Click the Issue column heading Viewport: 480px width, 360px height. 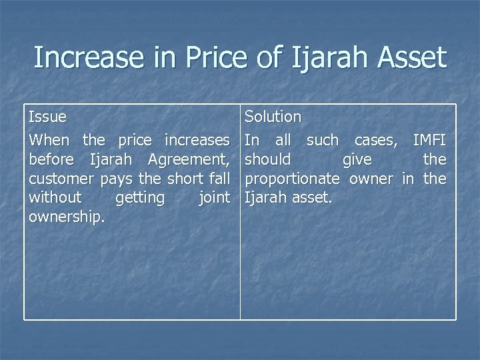[x=47, y=117]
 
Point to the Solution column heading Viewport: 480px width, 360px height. [x=273, y=117]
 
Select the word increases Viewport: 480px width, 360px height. [x=197, y=140]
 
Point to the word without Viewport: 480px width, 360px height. [x=55, y=198]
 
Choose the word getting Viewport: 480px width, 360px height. [x=140, y=198]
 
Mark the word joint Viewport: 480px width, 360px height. [x=213, y=198]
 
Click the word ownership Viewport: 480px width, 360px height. [x=66, y=218]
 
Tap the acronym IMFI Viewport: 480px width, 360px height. [x=429, y=140]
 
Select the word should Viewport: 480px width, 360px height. [x=268, y=159]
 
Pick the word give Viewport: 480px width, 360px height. [x=357, y=159]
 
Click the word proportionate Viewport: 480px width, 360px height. [x=292, y=179]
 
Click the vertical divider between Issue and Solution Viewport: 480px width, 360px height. [x=241, y=267]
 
